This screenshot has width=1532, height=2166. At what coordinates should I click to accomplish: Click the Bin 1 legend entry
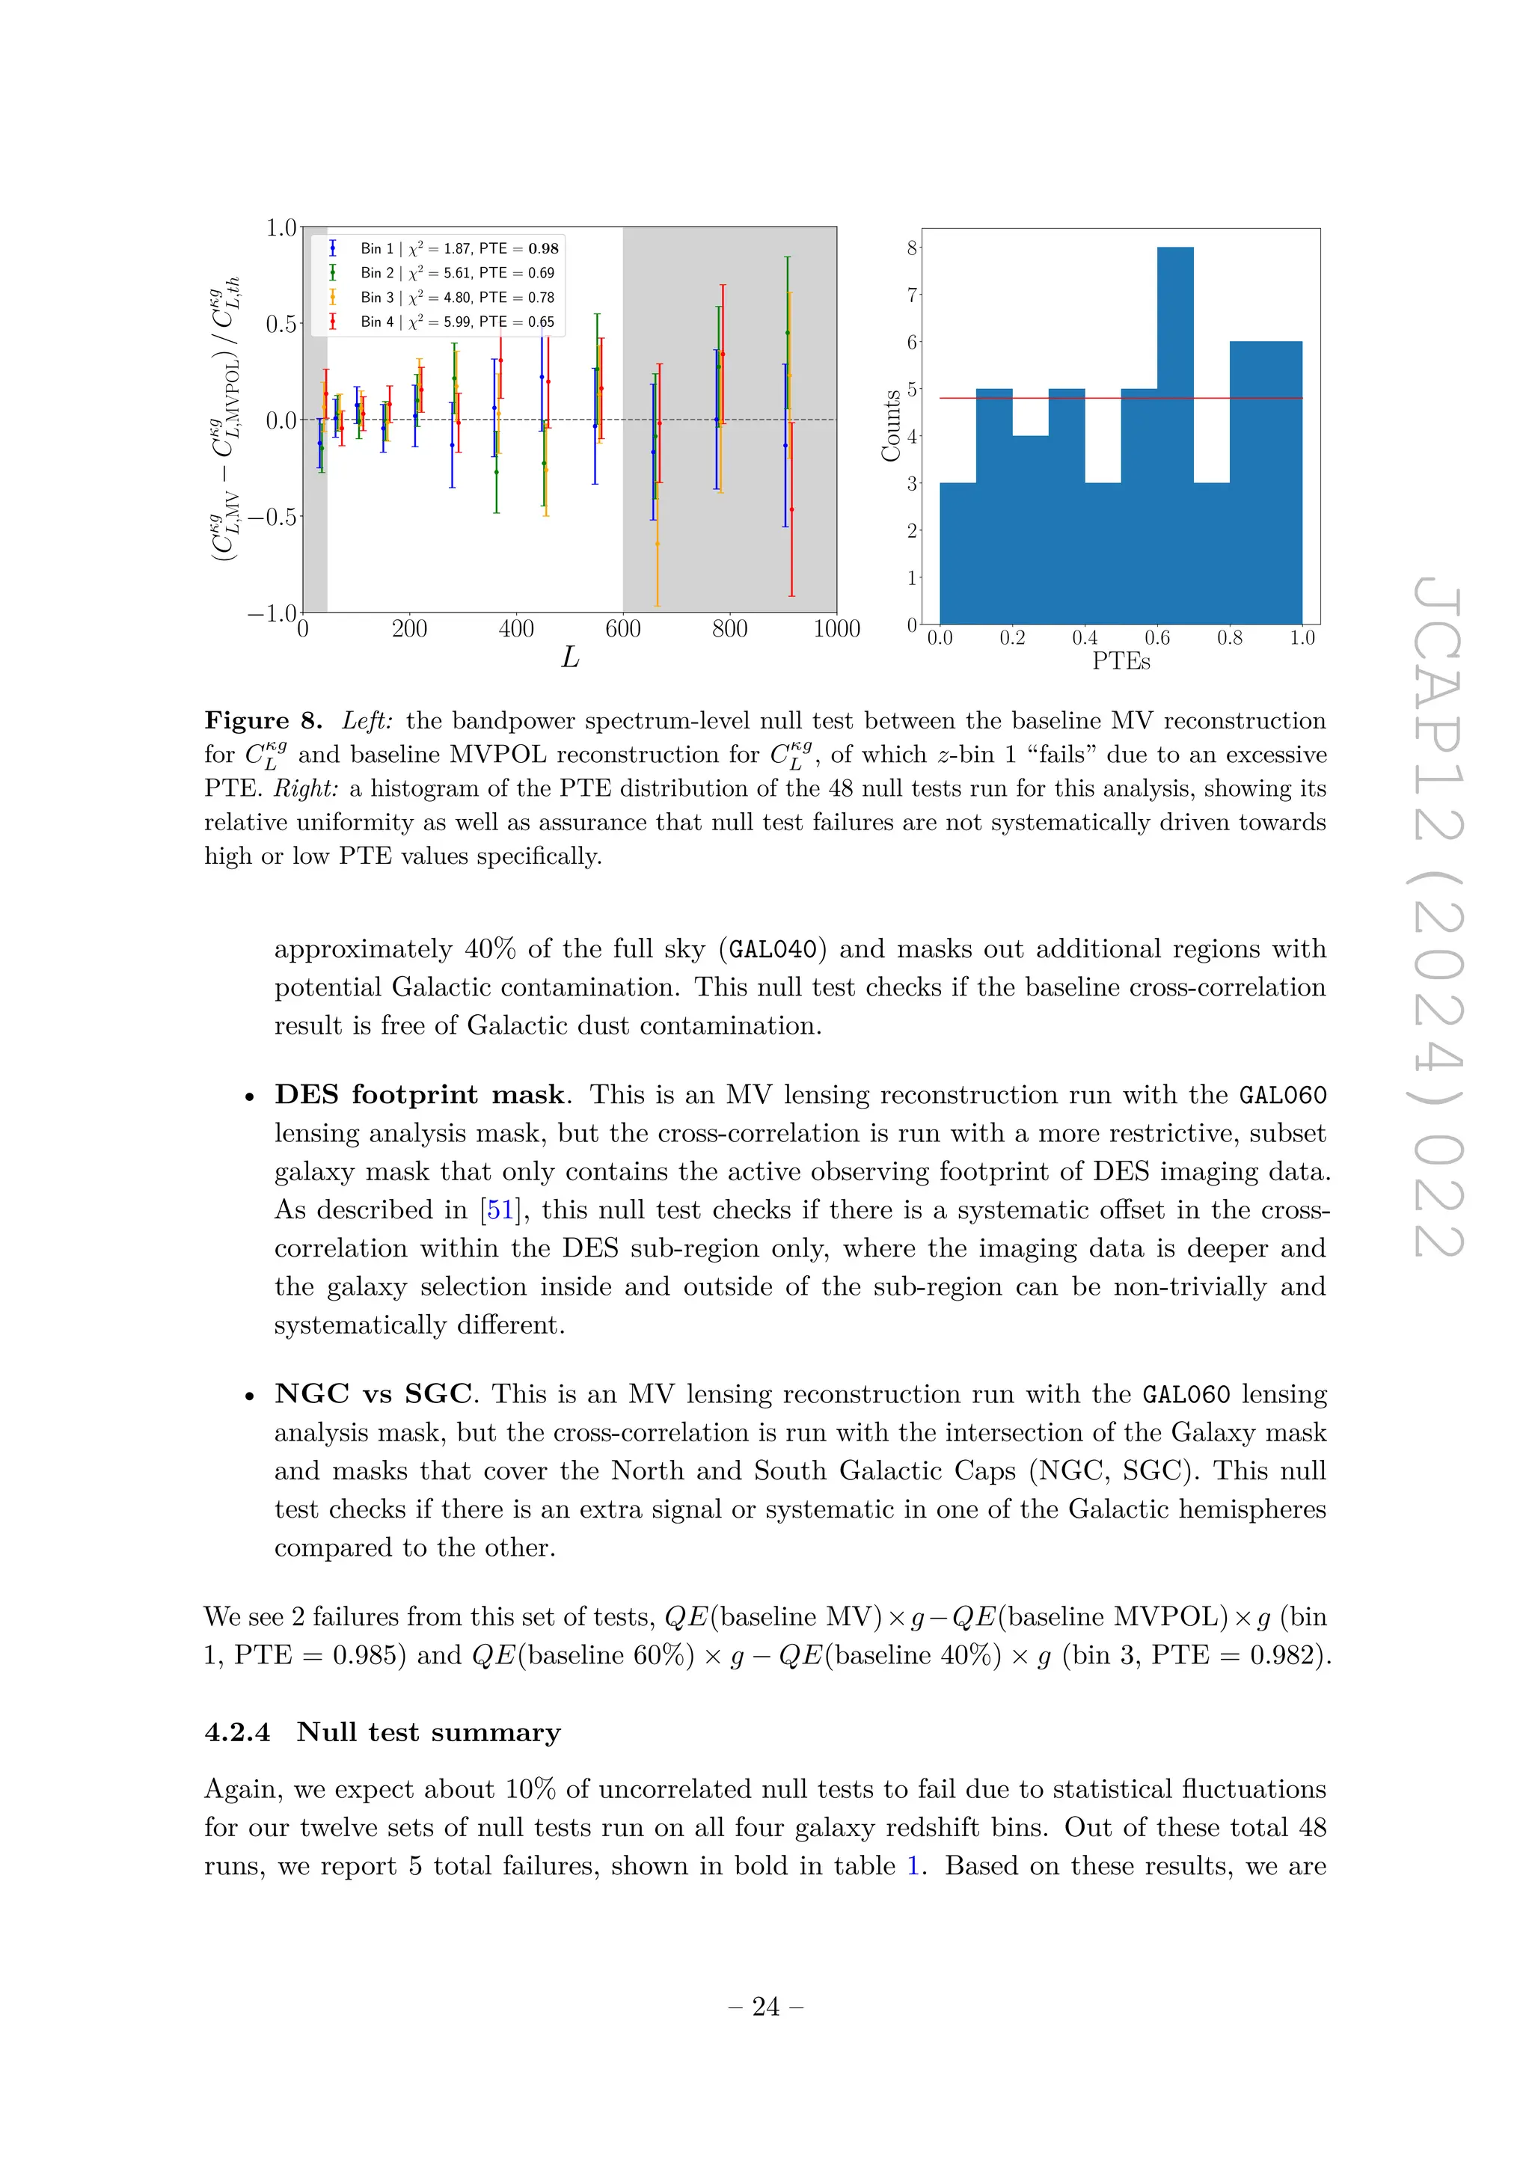tap(444, 248)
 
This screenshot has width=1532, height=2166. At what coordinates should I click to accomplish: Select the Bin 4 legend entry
tap(444, 322)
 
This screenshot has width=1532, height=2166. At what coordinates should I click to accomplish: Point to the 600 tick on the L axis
tap(622, 629)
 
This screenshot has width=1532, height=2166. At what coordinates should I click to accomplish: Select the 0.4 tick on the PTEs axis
tap(1085, 639)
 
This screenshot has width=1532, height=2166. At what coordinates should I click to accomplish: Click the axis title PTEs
tap(1121, 661)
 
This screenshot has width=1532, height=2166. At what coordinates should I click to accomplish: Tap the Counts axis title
tap(890, 426)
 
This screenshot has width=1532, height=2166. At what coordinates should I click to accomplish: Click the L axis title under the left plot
tap(570, 657)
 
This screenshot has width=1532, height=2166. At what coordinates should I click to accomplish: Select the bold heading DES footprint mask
tap(420, 1094)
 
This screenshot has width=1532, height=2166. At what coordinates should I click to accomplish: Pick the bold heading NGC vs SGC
tap(373, 1394)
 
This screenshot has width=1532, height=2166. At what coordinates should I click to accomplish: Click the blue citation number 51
tap(499, 1210)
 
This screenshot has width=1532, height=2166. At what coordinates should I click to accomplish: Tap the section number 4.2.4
tap(237, 1733)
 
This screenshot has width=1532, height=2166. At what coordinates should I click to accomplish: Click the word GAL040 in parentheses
tap(773, 949)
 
